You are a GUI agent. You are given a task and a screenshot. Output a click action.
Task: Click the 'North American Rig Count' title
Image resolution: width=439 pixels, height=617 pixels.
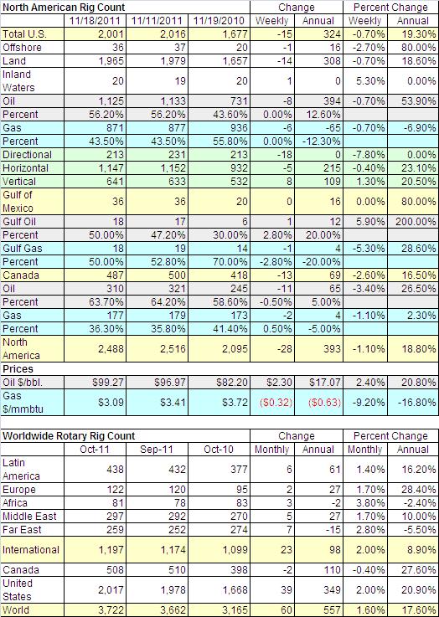pyautogui.click(x=64, y=8)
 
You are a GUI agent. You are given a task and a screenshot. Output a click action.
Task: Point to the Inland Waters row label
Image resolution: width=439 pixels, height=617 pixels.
pyautogui.click(x=18, y=80)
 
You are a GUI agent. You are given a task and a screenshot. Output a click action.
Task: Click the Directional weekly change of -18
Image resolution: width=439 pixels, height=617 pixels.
pyautogui.click(x=284, y=155)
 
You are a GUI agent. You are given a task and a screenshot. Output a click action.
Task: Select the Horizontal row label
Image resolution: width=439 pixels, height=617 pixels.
pyautogui.click(x=26, y=168)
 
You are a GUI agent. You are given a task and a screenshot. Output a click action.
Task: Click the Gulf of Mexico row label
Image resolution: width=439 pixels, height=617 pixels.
pyautogui.click(x=18, y=201)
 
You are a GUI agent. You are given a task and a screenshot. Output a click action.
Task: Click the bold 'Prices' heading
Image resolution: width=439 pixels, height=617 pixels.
pyautogui.click(x=18, y=368)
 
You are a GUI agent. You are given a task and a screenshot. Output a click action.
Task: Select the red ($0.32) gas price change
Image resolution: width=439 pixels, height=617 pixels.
pyautogui.click(x=276, y=403)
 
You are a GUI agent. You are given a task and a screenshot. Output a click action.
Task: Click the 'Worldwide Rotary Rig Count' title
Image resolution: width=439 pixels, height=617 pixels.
pyautogui.click(x=69, y=436)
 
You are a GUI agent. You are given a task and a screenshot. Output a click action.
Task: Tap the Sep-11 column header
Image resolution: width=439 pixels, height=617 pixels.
pyautogui.click(x=157, y=450)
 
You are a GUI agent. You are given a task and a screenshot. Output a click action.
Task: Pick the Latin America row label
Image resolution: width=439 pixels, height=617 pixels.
pyautogui.click(x=21, y=470)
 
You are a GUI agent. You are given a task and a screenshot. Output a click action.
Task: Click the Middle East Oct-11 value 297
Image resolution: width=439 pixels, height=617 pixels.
pyautogui.click(x=115, y=517)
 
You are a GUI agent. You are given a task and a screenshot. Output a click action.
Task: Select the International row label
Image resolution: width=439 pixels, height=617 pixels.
pyautogui.click(x=31, y=549)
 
